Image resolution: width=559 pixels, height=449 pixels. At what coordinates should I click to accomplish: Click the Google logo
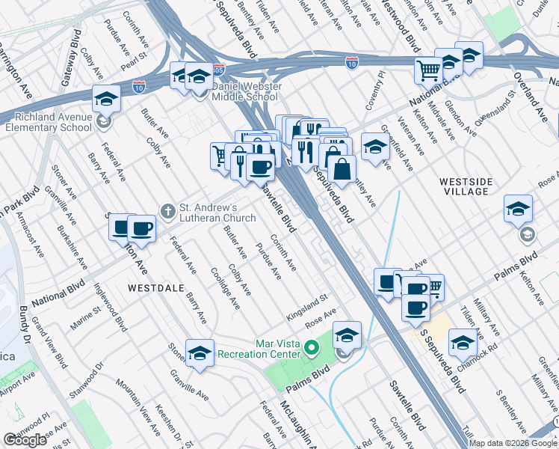point(25,440)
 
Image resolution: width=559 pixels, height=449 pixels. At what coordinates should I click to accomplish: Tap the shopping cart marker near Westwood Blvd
point(429,70)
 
